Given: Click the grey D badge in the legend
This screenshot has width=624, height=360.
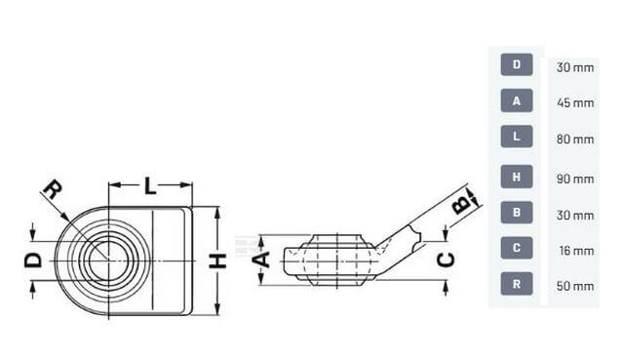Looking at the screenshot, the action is click(517, 64).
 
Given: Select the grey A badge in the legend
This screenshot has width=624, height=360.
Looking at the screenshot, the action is click(517, 100).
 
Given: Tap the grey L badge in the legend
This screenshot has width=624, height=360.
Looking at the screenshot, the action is click(517, 137).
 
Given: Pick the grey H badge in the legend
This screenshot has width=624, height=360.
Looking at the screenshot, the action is click(517, 177).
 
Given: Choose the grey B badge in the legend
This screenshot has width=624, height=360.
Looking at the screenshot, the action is click(517, 213).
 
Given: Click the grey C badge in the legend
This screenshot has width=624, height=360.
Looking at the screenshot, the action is click(517, 248).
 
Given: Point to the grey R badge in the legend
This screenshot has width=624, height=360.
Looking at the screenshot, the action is click(517, 284).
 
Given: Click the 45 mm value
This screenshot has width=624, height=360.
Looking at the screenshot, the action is click(575, 103).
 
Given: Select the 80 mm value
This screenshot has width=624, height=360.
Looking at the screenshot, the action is click(575, 140).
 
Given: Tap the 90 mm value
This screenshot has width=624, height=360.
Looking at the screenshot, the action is click(575, 180).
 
